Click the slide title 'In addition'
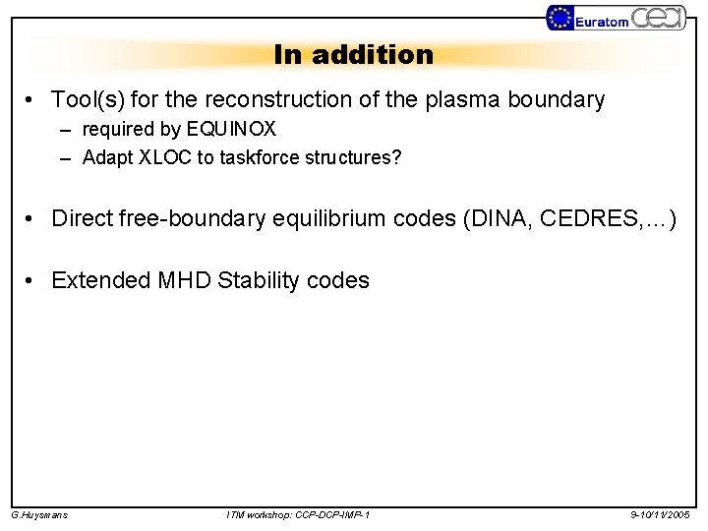(x=353, y=55)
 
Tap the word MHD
(x=185, y=280)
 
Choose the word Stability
(x=259, y=280)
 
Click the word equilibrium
(x=324, y=218)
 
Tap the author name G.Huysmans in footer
(x=39, y=514)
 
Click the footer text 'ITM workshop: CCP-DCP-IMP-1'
(x=298, y=514)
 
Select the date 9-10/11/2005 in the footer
(x=661, y=514)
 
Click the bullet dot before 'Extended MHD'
(x=32, y=280)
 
